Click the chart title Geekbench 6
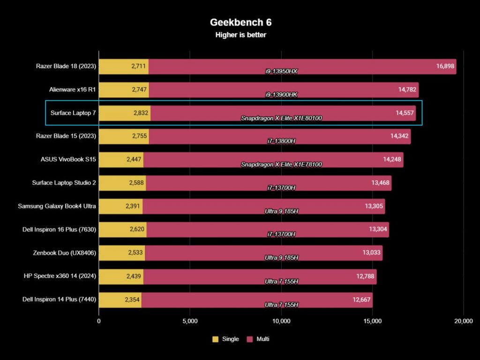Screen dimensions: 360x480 click(x=240, y=22)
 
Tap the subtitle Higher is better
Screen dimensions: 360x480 click(x=240, y=35)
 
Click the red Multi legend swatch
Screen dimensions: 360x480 click(x=249, y=339)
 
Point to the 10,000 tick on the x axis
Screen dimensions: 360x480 click(x=281, y=321)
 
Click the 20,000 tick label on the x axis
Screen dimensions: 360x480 click(x=463, y=321)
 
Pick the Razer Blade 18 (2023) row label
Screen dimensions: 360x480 click(x=66, y=66)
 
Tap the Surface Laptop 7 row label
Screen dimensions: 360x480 click(x=73, y=113)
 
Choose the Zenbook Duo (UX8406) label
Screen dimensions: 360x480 click(x=66, y=253)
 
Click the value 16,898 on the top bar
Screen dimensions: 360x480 click(x=445, y=66)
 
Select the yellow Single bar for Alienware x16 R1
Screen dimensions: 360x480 click(x=124, y=90)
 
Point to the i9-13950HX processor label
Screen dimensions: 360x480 click(x=282, y=72)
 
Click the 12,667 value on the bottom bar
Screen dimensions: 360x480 click(x=362, y=300)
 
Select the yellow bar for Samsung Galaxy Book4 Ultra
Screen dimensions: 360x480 click(x=120, y=206)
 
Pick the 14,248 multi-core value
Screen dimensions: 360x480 click(x=392, y=159)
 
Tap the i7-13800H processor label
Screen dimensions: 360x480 click(x=281, y=142)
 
